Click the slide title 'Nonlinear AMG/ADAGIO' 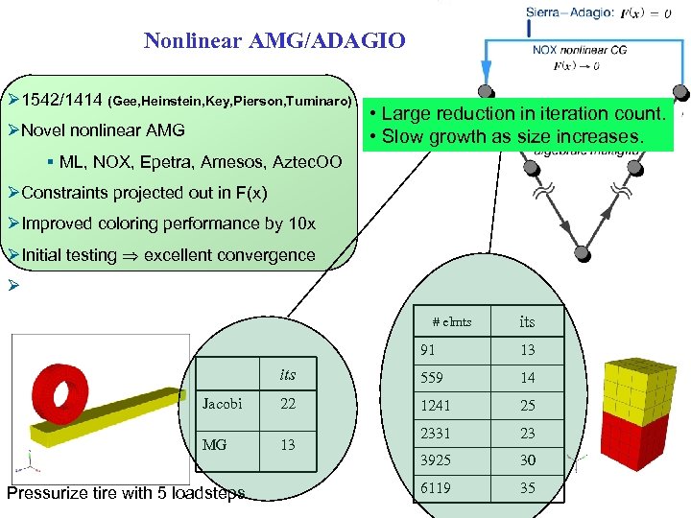(x=274, y=40)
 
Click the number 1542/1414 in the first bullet (x=61, y=100)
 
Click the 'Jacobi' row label (x=222, y=404)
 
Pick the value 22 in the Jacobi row (x=288, y=404)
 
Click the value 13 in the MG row (x=288, y=444)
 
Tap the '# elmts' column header (x=452, y=322)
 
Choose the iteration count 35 (x=528, y=488)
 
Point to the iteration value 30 (x=528, y=460)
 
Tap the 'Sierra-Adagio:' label (x=569, y=12)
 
